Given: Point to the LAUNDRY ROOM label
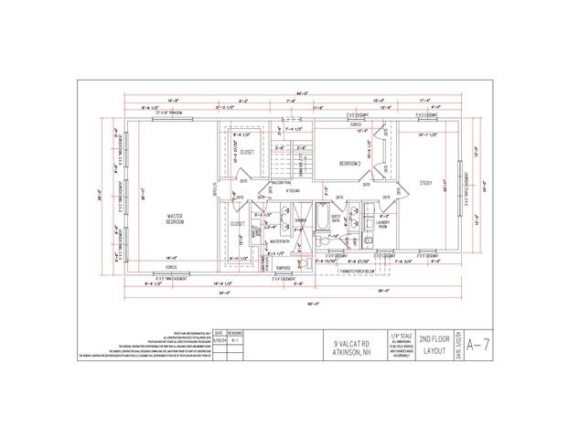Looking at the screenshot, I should [x=383, y=223].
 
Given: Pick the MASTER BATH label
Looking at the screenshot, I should [x=280, y=241].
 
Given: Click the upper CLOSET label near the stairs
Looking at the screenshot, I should [x=248, y=153].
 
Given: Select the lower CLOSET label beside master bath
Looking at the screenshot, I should [x=238, y=223].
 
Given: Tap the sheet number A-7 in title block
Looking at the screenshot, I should [x=474, y=345].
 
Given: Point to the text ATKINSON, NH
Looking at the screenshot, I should [x=352, y=351].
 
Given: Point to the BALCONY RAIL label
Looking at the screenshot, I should [x=254, y=184].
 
